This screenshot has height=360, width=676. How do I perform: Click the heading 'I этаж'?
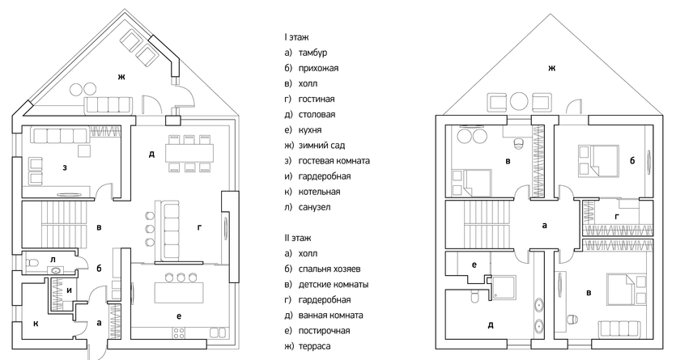(296, 37)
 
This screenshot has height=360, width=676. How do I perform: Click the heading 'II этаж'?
(297, 238)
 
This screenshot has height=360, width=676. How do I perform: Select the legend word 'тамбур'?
(312, 53)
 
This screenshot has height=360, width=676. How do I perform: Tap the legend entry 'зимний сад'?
(321, 146)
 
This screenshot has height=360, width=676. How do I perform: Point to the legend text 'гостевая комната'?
(334, 161)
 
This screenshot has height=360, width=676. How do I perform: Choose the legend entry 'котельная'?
(319, 192)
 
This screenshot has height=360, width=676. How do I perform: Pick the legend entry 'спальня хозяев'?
(329, 269)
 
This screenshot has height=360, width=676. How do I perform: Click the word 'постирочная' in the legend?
(324, 331)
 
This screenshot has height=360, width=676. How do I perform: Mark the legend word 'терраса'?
(314, 346)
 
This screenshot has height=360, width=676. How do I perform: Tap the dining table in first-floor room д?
(189, 152)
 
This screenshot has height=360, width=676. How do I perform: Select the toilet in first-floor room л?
(34, 262)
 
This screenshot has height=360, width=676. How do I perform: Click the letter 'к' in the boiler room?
(36, 324)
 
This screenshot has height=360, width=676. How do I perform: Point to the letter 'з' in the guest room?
(65, 167)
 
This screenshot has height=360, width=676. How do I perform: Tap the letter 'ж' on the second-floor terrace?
(551, 68)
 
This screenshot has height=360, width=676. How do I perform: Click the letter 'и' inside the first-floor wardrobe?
(69, 290)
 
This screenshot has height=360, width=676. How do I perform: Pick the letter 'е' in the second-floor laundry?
(474, 265)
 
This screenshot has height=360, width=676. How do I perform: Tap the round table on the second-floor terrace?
(519, 102)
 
